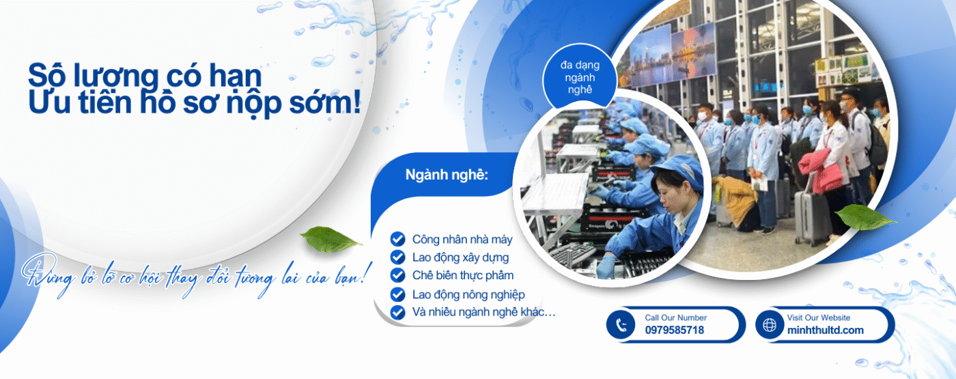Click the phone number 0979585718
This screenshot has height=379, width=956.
[675, 330]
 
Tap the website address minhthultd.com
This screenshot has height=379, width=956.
[826, 330]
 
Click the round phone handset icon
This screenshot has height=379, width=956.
[621, 325]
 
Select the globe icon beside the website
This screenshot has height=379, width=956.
[770, 325]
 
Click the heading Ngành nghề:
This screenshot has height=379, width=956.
[447, 175]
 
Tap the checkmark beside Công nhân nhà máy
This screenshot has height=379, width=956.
[397, 239]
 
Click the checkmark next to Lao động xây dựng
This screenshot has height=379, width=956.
[397, 257]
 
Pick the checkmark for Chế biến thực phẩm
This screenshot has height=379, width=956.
[397, 275]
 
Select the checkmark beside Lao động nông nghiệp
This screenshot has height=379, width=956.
[397, 294]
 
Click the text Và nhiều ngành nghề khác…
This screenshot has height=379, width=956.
[484, 313]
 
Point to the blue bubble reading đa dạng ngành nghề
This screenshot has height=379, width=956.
[580, 76]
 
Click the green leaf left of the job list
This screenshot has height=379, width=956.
[331, 239]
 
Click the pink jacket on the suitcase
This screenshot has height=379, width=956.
[821, 170]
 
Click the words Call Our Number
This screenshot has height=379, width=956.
[675, 318]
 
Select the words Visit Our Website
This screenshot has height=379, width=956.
[819, 318]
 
